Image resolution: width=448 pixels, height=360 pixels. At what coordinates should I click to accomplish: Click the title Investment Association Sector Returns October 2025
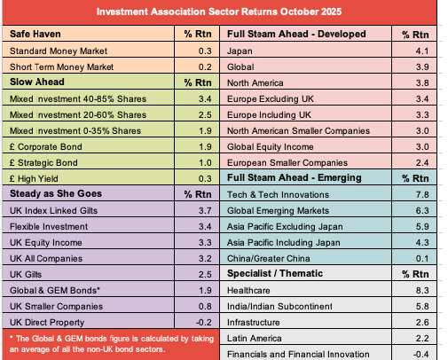[x=219, y=12]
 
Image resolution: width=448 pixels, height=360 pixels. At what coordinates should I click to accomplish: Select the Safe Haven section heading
[x=35, y=34]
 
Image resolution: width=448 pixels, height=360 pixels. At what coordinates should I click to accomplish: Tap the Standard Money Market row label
[x=59, y=51]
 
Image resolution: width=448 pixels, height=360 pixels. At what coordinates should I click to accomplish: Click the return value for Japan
[x=422, y=51]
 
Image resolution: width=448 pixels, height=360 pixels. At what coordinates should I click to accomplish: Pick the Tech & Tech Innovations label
[x=278, y=194]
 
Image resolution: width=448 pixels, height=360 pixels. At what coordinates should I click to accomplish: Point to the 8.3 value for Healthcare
[x=422, y=290]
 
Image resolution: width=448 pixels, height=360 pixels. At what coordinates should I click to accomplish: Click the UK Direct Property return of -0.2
[x=203, y=322]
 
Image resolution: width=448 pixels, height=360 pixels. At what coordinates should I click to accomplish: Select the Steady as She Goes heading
[x=56, y=193]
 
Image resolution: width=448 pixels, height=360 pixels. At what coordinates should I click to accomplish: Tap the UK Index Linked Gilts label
[x=53, y=210]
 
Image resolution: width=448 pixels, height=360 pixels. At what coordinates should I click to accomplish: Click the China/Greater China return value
[x=422, y=258]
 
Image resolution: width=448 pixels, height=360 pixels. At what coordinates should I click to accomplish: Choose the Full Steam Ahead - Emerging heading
[x=295, y=177]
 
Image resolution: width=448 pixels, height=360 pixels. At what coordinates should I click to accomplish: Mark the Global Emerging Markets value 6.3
[x=422, y=210]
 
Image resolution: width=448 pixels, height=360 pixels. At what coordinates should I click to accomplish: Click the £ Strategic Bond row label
[x=43, y=162]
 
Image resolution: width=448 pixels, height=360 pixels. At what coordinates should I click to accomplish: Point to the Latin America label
[x=255, y=338]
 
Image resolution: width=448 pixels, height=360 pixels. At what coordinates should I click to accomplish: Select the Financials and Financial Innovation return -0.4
[x=420, y=354]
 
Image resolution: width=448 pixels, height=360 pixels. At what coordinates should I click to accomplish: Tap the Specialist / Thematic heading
[x=275, y=273]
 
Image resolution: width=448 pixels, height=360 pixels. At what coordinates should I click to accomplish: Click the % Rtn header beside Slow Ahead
[x=198, y=82]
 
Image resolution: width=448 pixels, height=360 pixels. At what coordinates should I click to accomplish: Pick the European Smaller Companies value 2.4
[x=422, y=162]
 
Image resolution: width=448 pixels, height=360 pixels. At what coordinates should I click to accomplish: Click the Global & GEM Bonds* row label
[x=55, y=290]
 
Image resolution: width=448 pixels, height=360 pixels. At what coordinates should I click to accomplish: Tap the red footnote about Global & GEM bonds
[x=112, y=344]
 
